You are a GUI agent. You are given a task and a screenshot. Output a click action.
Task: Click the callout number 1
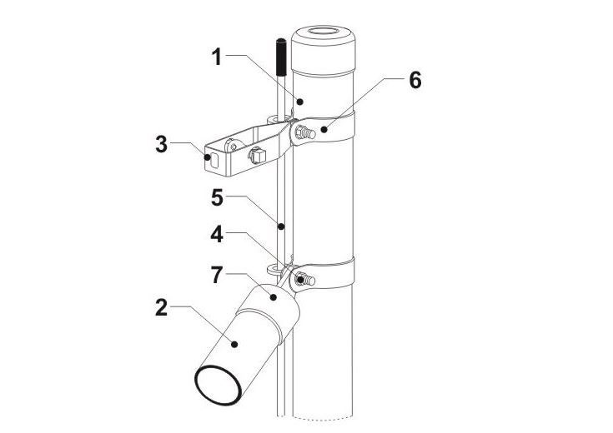pos(217,57)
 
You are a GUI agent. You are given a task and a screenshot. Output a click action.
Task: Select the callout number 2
pos(162,307)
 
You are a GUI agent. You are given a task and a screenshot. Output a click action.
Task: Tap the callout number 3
pos(162,144)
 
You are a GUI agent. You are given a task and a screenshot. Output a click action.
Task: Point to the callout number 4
pos(217,235)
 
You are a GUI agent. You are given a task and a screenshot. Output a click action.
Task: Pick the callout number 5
pos(217,197)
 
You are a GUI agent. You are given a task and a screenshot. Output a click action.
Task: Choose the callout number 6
pos(415,81)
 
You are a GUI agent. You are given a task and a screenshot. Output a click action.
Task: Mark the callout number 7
pos(217,275)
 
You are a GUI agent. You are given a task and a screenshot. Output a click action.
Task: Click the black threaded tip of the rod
pos(281,57)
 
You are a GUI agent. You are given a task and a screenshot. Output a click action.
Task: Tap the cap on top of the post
pos(324,51)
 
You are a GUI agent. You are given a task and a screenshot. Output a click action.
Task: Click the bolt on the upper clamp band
pos(306,132)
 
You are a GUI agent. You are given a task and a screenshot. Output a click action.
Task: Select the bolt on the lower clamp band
pos(305,280)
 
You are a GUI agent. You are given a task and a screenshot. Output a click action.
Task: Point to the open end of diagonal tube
pos(218,386)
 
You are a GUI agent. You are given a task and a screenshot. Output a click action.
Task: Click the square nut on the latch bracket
pos(258,156)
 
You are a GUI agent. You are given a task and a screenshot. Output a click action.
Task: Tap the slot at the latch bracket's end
pos(214,161)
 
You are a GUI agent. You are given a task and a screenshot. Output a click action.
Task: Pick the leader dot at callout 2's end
pos(234,344)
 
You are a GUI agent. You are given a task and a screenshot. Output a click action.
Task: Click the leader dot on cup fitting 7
pos(274,297)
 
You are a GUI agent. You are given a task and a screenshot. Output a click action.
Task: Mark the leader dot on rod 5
pos(281,226)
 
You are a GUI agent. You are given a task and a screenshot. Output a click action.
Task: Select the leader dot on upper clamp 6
pos(324,129)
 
